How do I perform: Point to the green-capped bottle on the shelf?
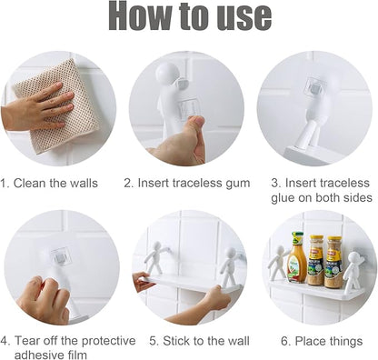(297, 258)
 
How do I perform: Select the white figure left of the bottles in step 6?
(275, 263)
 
